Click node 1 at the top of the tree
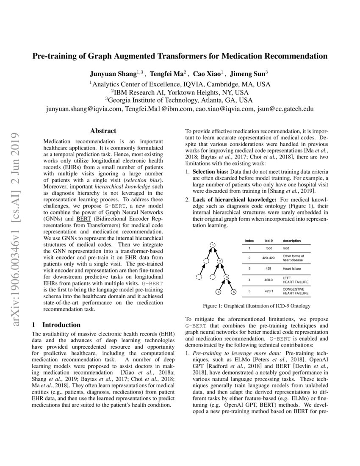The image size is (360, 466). pyautogui.click(x=213, y=244)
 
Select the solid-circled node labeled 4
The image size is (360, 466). pyautogui.click(x=219, y=291)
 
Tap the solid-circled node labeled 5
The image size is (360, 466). pyautogui.click(x=233, y=291)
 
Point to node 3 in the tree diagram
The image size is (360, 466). pyautogui.click(x=227, y=277)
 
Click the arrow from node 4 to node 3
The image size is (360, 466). pyautogui.click(x=222, y=285)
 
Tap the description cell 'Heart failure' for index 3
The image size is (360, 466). pyautogui.click(x=293, y=269)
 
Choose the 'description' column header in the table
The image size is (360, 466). pyautogui.click(x=292, y=241)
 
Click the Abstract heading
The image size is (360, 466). pyautogui.click(x=103, y=131)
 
